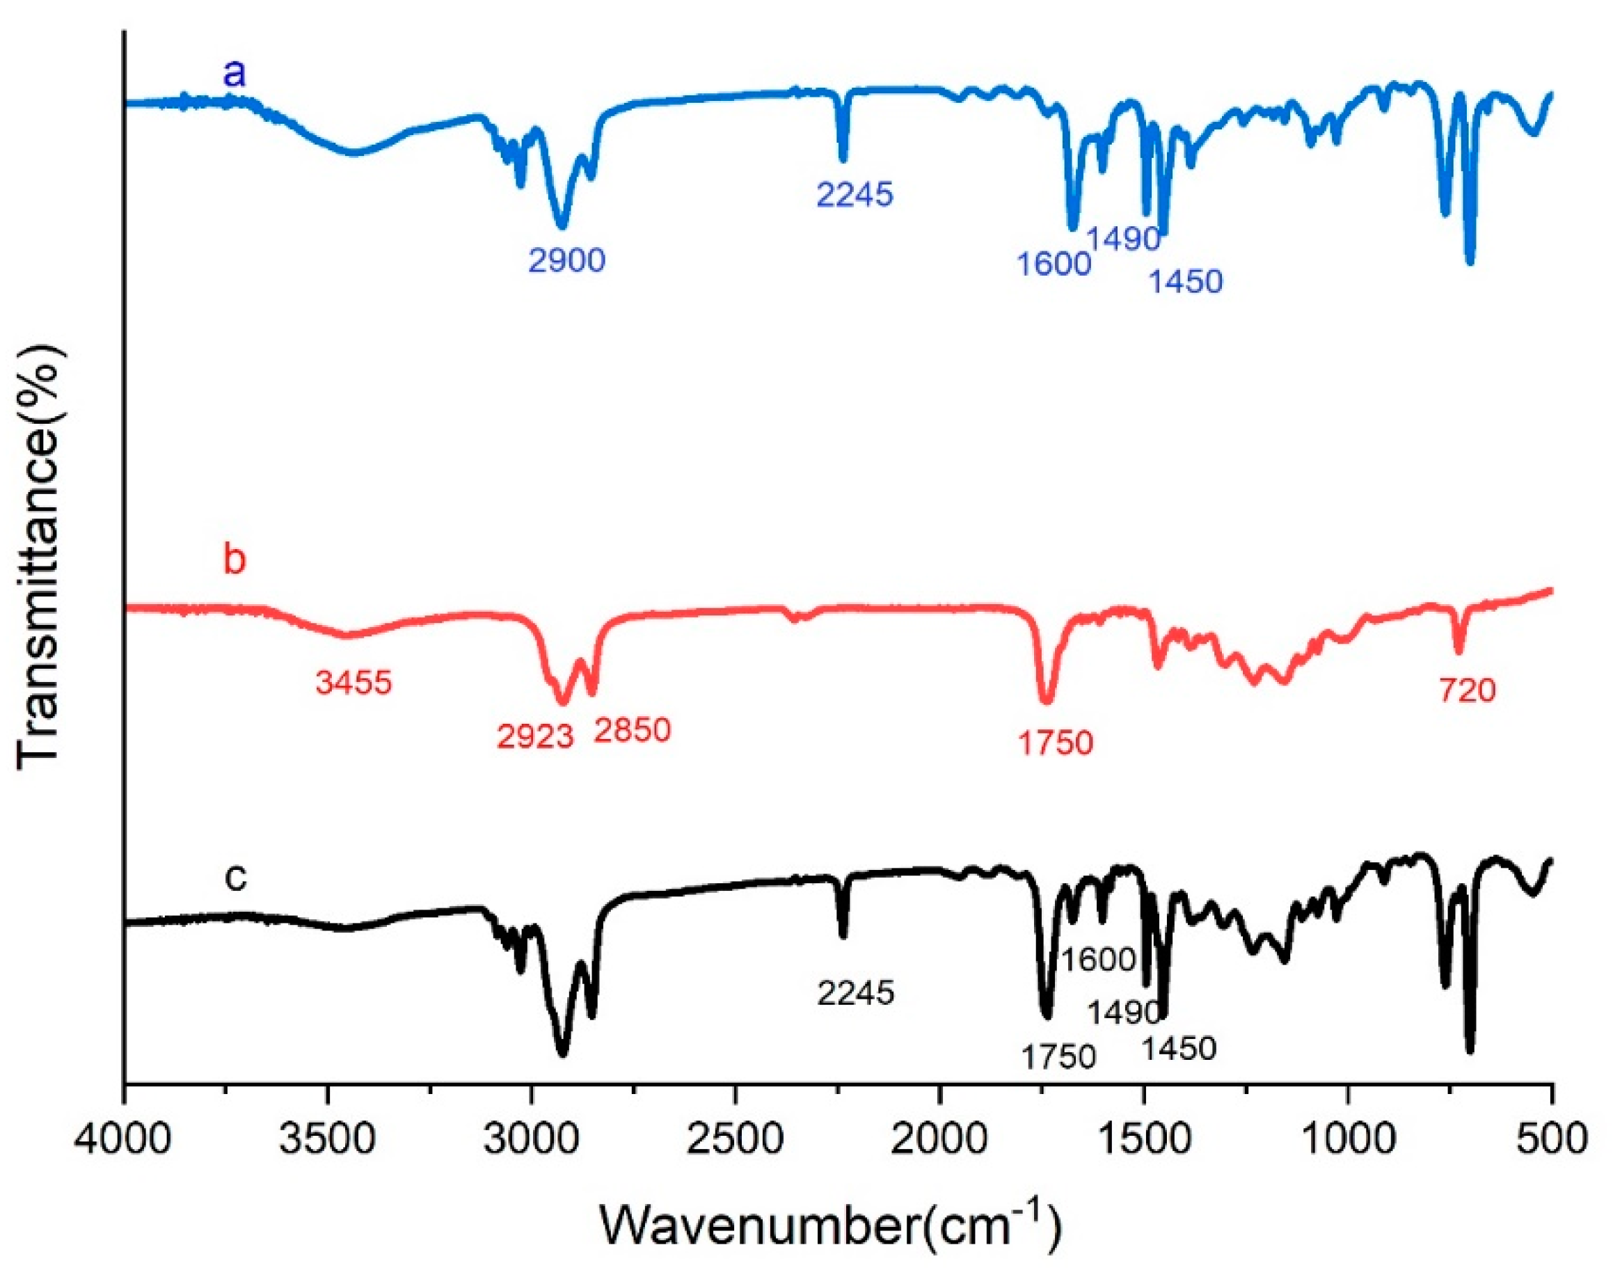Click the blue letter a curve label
[x=235, y=75]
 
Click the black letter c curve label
[x=235, y=878]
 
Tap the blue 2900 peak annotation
[x=566, y=260]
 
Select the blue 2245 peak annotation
[x=855, y=194]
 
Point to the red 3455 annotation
[x=353, y=682]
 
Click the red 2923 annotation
[x=535, y=737]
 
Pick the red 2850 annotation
[x=632, y=731]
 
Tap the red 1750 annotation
[x=1055, y=743]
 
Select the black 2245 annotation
[x=856, y=992]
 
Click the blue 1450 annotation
[x=1186, y=282]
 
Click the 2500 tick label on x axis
[x=735, y=1136]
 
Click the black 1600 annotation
[x=1099, y=960]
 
